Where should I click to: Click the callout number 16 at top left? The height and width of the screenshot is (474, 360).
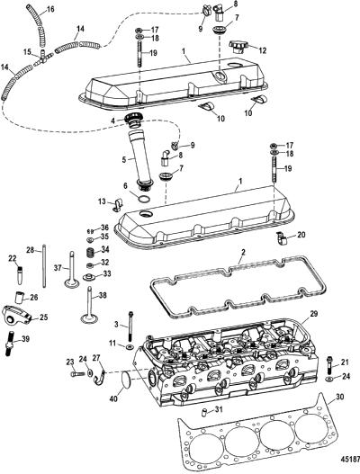point(50,9)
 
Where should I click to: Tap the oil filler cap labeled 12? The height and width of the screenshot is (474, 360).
point(238,47)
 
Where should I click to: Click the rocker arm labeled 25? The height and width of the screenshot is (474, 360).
point(17,315)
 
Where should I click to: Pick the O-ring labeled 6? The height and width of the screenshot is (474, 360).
point(144,199)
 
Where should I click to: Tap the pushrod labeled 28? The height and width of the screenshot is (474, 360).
point(44,266)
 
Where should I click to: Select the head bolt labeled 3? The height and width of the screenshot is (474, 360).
point(131,326)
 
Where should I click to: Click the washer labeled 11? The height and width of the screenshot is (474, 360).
point(130,345)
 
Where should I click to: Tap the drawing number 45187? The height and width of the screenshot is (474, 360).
point(349,457)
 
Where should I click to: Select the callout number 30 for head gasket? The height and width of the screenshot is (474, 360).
point(339,397)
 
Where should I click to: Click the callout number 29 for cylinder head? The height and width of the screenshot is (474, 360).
point(314,314)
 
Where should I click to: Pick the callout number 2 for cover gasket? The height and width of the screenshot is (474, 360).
point(243,252)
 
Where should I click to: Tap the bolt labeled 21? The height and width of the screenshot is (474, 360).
point(329,365)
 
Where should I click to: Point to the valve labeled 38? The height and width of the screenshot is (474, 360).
point(89,305)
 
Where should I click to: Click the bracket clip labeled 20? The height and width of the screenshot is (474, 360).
point(282,237)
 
